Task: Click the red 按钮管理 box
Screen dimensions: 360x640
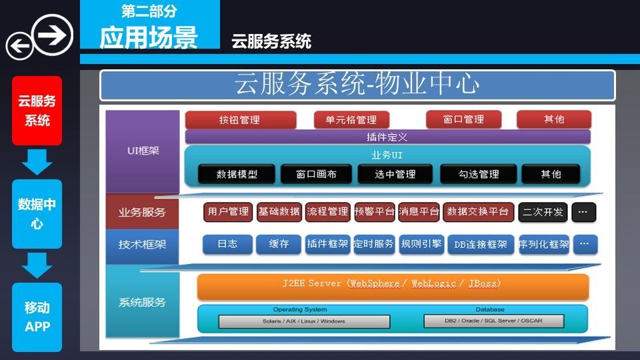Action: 240,120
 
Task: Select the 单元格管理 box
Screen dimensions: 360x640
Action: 351,120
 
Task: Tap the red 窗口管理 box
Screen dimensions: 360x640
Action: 463,119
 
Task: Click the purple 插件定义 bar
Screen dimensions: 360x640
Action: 387,137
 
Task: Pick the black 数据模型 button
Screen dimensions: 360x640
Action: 237,175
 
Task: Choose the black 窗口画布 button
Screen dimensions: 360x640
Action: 317,175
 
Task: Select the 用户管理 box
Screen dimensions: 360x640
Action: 228,212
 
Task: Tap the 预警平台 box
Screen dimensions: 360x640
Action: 375,212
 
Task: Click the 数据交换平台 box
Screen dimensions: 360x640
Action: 479,212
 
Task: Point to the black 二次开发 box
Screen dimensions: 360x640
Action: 543,212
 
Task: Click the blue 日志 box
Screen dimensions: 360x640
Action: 228,244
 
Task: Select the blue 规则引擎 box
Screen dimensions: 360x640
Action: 421,244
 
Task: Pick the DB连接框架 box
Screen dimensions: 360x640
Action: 481,244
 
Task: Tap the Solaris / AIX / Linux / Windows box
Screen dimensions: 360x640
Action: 304,321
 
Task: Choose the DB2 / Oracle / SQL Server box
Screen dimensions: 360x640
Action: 494,321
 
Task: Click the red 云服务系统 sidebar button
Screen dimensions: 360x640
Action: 37,111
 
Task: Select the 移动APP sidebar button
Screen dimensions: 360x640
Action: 37,317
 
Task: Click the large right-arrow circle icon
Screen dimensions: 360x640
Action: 53,34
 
